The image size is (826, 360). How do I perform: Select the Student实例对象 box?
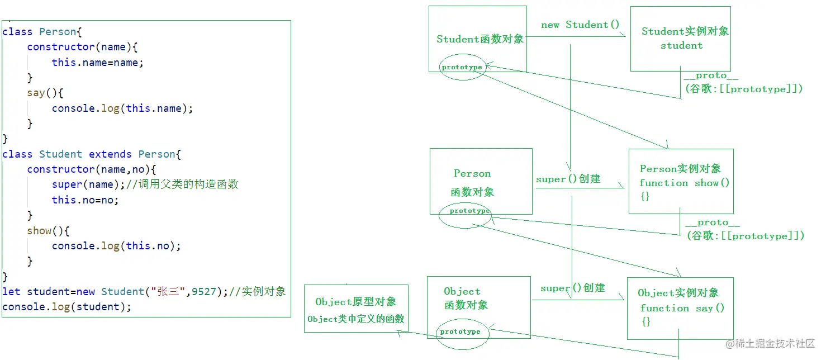680,39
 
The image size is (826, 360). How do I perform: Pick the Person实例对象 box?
681,181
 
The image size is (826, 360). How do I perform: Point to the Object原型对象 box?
356,309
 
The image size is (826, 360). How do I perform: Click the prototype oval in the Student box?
462,67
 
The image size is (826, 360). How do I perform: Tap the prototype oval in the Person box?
469,211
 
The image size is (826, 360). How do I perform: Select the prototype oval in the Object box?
460,332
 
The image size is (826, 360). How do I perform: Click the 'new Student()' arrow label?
580,25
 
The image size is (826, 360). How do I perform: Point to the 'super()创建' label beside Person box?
568,179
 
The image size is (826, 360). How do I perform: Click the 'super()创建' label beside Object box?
572,288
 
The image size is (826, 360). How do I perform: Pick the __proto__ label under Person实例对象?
713,223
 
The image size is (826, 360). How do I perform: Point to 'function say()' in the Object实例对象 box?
682,308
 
